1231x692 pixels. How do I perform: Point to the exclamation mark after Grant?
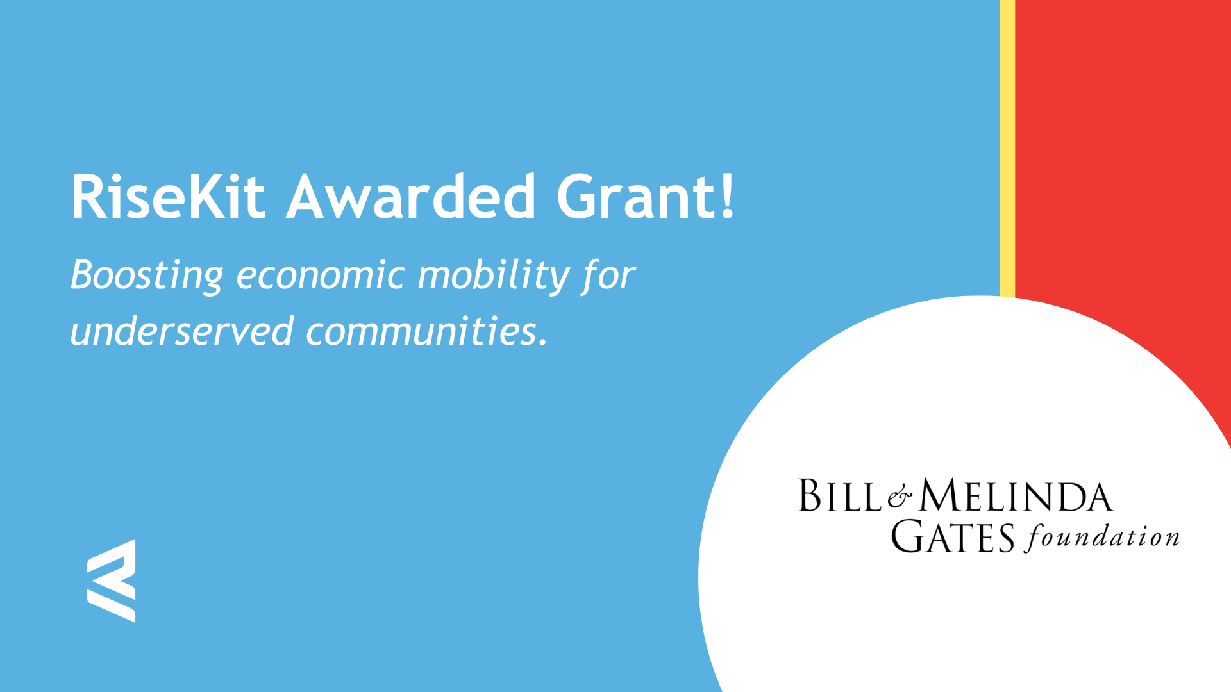(x=727, y=196)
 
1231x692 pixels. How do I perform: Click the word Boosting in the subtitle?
(x=147, y=276)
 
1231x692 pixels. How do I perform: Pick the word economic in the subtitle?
(x=321, y=276)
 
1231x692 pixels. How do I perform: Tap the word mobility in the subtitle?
(x=494, y=276)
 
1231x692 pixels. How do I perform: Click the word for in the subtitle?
(x=608, y=276)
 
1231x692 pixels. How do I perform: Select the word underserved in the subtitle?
(x=181, y=331)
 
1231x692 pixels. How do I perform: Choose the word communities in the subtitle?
(x=421, y=331)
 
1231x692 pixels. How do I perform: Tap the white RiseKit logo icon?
(x=112, y=581)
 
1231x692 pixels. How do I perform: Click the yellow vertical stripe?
(x=1007, y=148)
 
